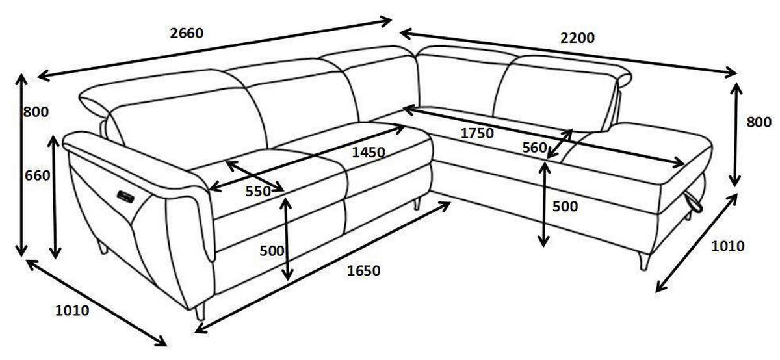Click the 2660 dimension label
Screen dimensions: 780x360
pos(187,33)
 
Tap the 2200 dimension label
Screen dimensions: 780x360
pos(577,38)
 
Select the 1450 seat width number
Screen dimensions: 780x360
pos(369,152)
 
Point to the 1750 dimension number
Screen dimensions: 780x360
pos(477,133)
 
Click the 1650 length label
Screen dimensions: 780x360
pos(363,270)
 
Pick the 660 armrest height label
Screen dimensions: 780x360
pos(38,175)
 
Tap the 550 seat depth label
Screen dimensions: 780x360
pos(258,191)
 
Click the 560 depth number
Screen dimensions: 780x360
pos(535,148)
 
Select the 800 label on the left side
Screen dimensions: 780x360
pos(36,112)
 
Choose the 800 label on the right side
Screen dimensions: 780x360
pos(759,123)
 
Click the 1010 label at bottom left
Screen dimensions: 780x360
pos(72,311)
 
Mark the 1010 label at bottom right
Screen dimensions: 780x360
pos(728,246)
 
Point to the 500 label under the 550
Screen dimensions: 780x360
pos(272,251)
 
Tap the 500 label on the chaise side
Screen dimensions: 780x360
pos(565,207)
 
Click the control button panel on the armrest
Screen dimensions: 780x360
pos(125,196)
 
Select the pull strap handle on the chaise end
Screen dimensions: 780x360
pos(694,202)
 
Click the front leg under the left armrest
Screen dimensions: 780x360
pos(201,312)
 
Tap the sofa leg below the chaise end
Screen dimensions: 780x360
pos(644,261)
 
